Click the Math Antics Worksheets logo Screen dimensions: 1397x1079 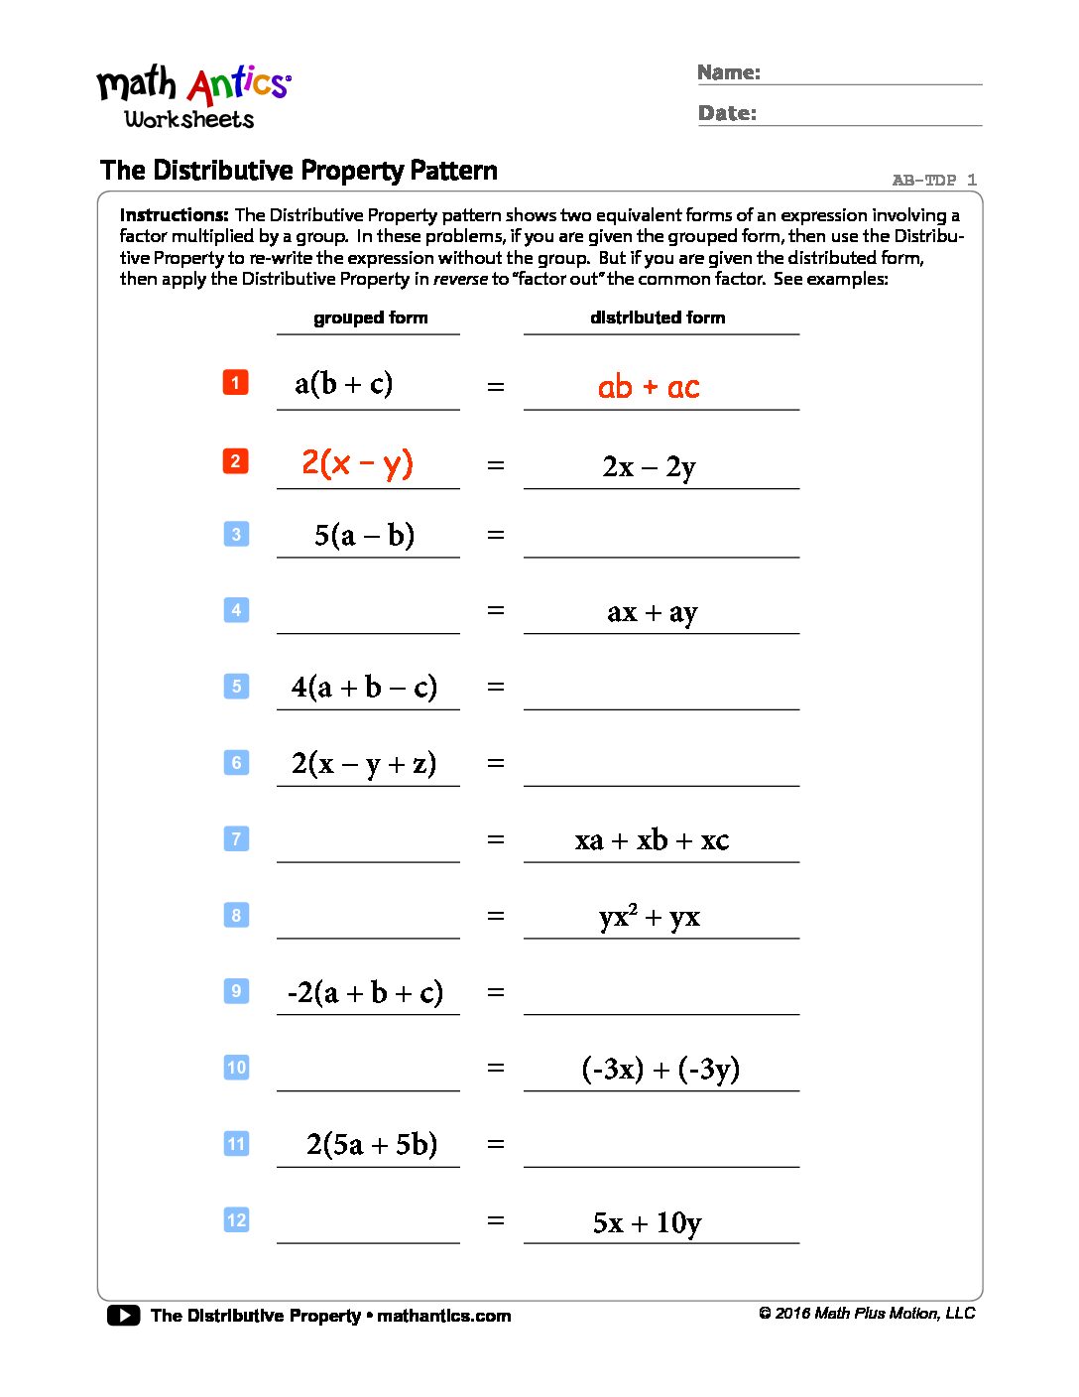193,97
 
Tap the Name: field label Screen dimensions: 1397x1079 729,72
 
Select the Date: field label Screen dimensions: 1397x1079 727,113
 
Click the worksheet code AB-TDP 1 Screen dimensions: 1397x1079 934,180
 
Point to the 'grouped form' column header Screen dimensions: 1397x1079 371,317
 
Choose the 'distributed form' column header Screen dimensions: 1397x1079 658,317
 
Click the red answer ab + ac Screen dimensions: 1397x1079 649,387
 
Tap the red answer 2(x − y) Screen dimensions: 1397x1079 357,463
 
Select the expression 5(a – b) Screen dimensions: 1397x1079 364,536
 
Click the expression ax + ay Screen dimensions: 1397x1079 653,612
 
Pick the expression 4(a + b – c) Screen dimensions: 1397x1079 364,687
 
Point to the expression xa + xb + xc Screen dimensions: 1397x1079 652,840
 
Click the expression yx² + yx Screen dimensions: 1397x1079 650,916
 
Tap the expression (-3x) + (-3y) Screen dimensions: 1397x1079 660,1069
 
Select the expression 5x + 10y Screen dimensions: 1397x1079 647,1222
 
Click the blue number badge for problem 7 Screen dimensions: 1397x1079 236,838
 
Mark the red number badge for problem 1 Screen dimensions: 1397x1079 235,382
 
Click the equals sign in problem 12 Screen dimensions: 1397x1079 496,1220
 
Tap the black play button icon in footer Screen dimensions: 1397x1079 124,1316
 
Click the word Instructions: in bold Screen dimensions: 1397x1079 175,215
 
